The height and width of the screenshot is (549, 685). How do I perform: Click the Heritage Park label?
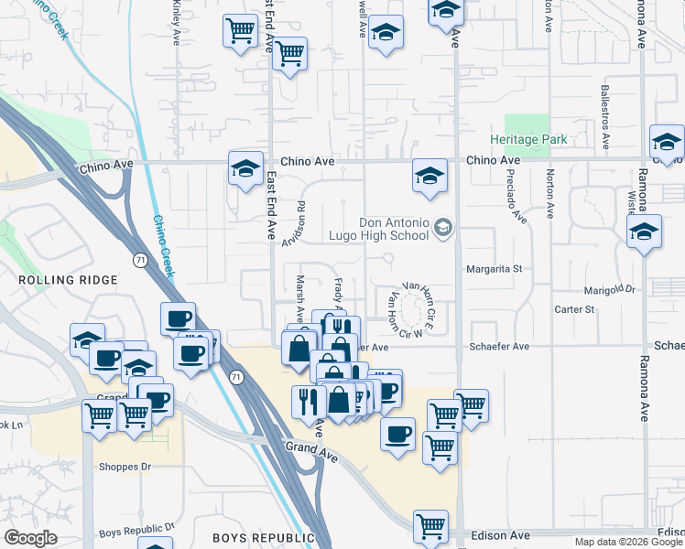pyautogui.click(x=540, y=139)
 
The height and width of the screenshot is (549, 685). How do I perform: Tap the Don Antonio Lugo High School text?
pyautogui.click(x=394, y=229)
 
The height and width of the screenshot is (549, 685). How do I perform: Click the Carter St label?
pyautogui.click(x=574, y=310)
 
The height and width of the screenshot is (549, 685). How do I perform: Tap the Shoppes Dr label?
pyautogui.click(x=125, y=467)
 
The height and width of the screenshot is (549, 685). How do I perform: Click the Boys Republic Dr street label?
pyautogui.click(x=136, y=530)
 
